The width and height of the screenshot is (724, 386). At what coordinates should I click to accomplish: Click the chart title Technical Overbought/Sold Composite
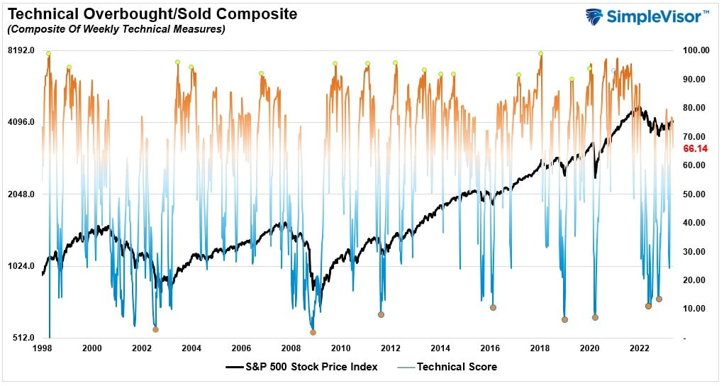pos(152,14)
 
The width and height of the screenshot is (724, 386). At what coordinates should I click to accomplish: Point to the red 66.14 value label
pos(696,149)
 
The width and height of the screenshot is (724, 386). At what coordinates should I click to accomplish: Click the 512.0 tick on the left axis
pos(23,338)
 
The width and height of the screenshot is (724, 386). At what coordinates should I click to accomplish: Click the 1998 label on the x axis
pos(41,348)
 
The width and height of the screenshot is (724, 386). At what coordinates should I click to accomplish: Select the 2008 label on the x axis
pos(291,348)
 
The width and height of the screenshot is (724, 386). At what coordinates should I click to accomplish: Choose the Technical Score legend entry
pos(457,367)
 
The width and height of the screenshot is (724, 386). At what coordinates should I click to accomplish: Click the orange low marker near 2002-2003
pos(155,329)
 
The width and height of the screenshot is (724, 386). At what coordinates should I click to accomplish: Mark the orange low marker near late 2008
pos(313,332)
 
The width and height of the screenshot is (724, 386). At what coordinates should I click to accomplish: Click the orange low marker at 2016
pos(493,307)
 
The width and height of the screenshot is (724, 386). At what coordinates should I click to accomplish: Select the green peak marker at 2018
pos(540,53)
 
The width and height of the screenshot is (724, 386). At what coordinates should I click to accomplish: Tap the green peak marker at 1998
pos(48,54)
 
